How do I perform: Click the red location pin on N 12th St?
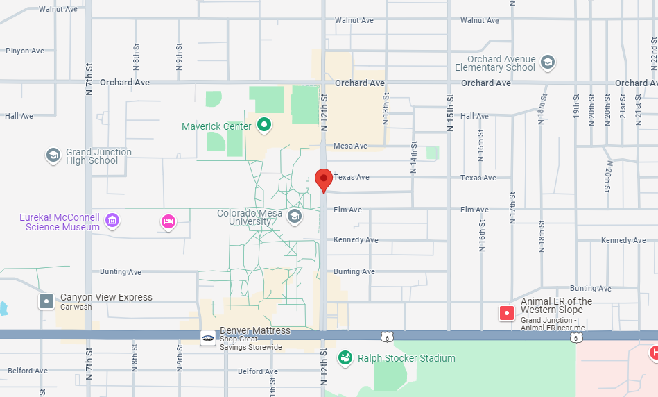coord(323,179)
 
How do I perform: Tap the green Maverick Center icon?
coord(264,126)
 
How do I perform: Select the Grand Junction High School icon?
coord(53,155)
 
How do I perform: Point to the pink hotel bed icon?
coord(168,221)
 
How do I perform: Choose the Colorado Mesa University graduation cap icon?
coord(295,217)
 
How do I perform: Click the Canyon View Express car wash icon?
coord(47,301)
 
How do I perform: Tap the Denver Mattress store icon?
coord(207,338)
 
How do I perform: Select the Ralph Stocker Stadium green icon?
coord(345,358)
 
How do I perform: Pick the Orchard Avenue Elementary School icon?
coord(548,62)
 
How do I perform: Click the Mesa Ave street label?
coord(350,146)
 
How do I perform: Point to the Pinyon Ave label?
coord(25,51)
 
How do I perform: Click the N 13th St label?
coord(386,110)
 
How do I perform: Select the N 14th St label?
coord(413,161)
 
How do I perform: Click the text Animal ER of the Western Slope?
coord(557,305)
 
